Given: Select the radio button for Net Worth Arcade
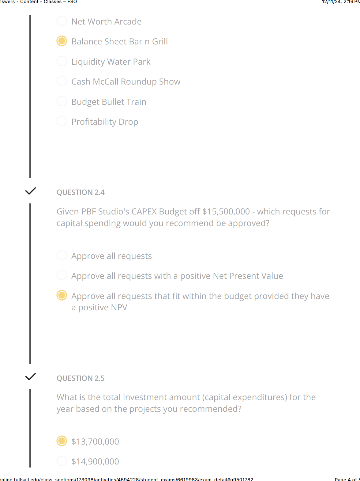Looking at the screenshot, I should pyautogui.click(x=62, y=21).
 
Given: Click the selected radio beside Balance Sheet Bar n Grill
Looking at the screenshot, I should pyautogui.click(x=62, y=41).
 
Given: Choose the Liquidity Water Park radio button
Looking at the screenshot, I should pyautogui.click(x=62, y=61).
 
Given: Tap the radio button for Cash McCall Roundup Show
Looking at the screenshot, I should pyautogui.click(x=62, y=81).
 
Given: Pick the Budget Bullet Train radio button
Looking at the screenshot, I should pyautogui.click(x=62, y=101).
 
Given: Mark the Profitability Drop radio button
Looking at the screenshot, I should pyautogui.click(x=62, y=121).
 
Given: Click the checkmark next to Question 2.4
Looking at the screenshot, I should pyautogui.click(x=31, y=191).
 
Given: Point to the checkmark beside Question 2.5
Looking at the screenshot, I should pyautogui.click(x=31, y=377).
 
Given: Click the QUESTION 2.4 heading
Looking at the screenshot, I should pyautogui.click(x=81, y=192).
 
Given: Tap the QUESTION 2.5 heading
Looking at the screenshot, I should pyautogui.click(x=81, y=378).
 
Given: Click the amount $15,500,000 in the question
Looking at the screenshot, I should pyautogui.click(x=226, y=212).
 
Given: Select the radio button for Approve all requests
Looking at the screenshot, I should pyautogui.click(x=62, y=255).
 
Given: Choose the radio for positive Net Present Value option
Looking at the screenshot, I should pyautogui.click(x=62, y=275).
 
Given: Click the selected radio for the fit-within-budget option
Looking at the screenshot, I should pyautogui.click(x=62, y=295).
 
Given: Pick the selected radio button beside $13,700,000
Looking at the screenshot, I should pyautogui.click(x=62, y=441).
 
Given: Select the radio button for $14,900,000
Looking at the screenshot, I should pyautogui.click(x=62, y=461).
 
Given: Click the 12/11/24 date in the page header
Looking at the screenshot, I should pyautogui.click(x=331, y=2).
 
